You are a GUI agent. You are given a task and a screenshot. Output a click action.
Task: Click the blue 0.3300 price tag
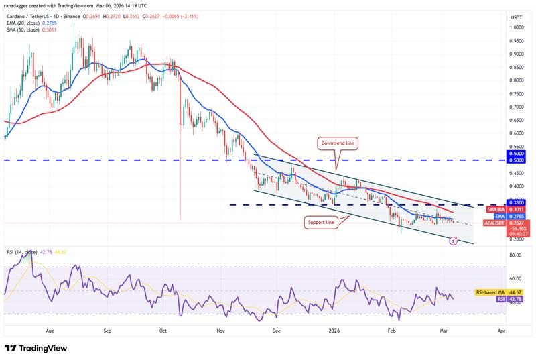pyautogui.click(x=515, y=202)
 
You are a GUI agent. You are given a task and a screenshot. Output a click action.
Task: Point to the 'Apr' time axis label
pyautogui.click(x=502, y=331)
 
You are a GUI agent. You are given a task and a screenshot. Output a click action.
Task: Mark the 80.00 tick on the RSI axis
pyautogui.click(x=516, y=255)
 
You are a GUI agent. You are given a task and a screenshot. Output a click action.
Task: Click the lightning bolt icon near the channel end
pyautogui.click(x=452, y=240)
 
